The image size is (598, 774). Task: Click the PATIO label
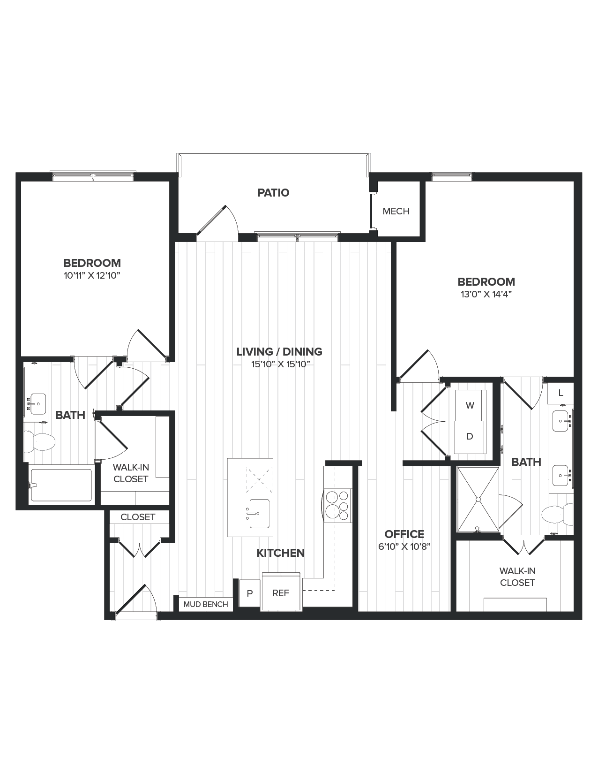[x=273, y=193]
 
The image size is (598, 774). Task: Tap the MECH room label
[x=396, y=211]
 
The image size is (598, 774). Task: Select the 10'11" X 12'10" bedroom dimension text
[x=92, y=276]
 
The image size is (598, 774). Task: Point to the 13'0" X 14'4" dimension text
[x=486, y=295]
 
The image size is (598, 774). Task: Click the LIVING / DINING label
[x=279, y=351]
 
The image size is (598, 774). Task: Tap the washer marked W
[x=470, y=406]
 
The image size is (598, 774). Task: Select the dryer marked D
[x=470, y=437]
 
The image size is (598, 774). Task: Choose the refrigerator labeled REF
[x=281, y=593]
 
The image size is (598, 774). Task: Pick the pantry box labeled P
[x=250, y=593]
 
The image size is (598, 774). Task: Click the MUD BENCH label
[x=206, y=604]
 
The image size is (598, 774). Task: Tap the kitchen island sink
[x=259, y=514]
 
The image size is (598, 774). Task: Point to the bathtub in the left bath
[x=61, y=485]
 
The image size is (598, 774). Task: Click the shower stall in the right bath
[x=478, y=499]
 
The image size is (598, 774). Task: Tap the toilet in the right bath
[x=558, y=515]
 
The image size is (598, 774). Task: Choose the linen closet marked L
[x=561, y=393]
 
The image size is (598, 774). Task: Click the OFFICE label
[x=404, y=534]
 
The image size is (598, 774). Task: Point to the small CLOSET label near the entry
[x=137, y=517]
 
